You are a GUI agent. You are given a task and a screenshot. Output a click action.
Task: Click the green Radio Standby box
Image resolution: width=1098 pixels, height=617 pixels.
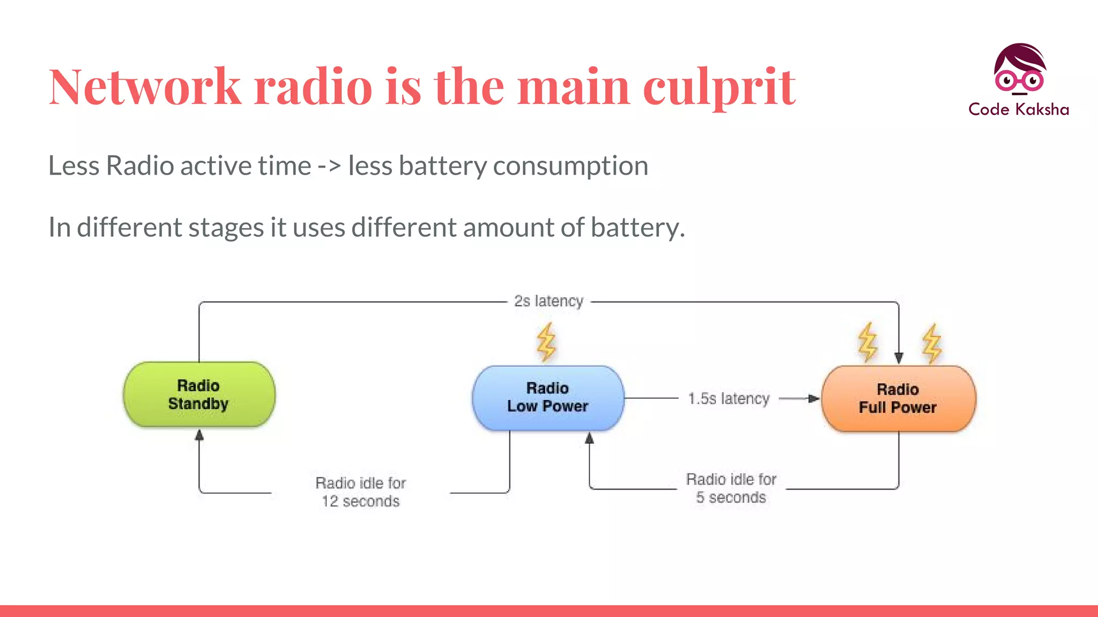(x=199, y=395)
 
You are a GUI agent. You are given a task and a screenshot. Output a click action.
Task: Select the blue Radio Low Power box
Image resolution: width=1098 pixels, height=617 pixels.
(x=547, y=397)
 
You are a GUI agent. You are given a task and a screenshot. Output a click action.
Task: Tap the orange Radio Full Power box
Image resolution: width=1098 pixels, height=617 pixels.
(x=898, y=398)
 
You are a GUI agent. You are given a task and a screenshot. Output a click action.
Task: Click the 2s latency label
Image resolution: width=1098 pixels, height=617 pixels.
(x=548, y=301)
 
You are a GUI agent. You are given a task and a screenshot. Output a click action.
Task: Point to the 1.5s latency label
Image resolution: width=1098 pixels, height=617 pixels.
(x=729, y=398)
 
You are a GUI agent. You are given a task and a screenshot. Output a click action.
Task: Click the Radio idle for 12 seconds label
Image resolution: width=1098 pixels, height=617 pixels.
(x=360, y=492)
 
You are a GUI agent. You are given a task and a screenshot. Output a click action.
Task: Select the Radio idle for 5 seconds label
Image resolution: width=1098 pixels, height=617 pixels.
(x=731, y=488)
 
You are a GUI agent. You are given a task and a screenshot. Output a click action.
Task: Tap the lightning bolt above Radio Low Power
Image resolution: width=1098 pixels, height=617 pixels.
(x=546, y=342)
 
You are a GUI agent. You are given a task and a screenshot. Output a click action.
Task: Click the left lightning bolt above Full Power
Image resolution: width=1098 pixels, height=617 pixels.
(x=867, y=342)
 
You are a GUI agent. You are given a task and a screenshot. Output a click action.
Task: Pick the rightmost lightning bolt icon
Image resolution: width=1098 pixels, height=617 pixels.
(x=932, y=343)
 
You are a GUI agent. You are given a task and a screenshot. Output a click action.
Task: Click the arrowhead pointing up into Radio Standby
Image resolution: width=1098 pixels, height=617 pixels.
(x=199, y=435)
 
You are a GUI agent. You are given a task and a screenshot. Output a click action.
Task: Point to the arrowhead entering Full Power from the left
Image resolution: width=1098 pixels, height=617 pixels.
(x=813, y=398)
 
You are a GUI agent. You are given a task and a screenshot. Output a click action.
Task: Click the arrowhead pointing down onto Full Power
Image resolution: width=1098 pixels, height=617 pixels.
(x=899, y=358)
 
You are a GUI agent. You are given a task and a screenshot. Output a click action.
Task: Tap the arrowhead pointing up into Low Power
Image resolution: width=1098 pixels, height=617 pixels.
(x=589, y=439)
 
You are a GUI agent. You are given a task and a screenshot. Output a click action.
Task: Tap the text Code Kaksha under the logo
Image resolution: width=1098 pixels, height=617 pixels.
(x=1019, y=109)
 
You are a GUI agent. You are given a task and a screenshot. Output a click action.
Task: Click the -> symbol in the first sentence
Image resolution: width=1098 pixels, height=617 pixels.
(x=329, y=165)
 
